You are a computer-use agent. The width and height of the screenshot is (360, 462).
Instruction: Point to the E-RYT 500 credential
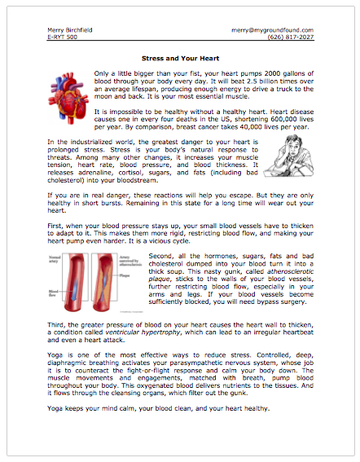tap(61, 37)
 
